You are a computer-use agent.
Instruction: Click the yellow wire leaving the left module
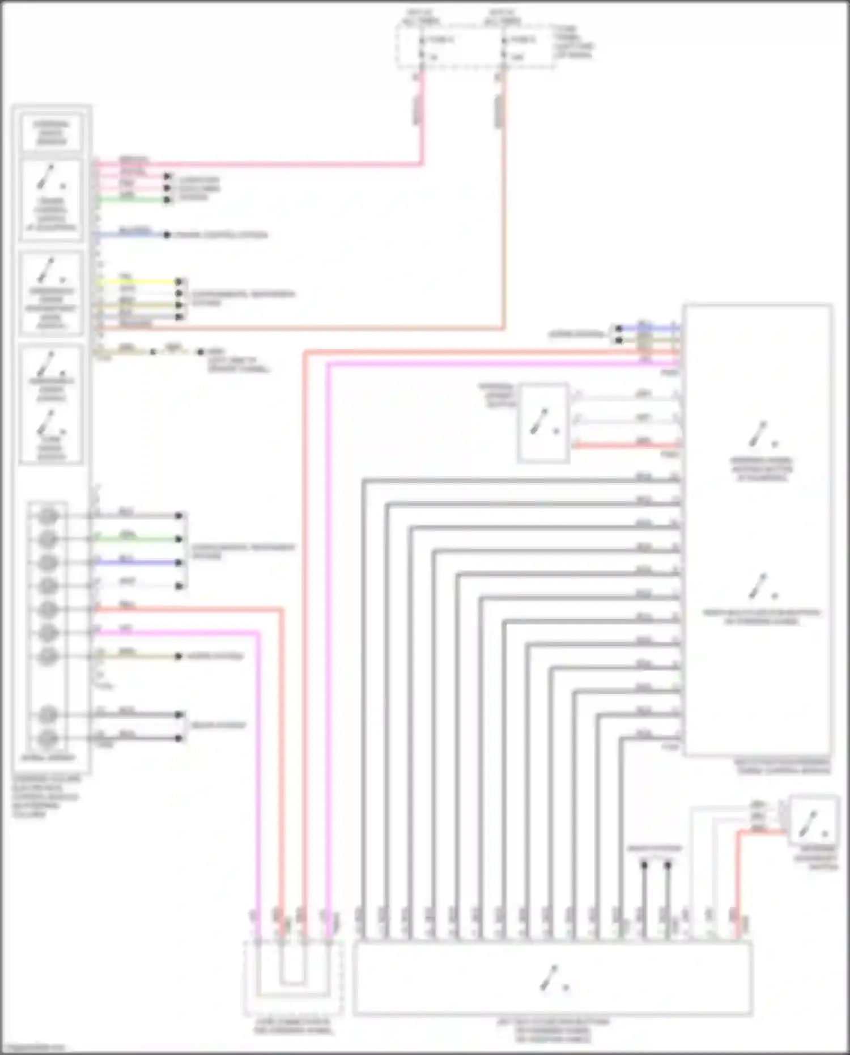pyautogui.click(x=136, y=281)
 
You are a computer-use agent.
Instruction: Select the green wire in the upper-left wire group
pyautogui.click(x=130, y=200)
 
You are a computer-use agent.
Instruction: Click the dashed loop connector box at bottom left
pyautogui.click(x=293, y=978)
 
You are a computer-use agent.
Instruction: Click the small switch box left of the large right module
pyautogui.click(x=543, y=422)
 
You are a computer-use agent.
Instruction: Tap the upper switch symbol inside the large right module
pyautogui.click(x=761, y=435)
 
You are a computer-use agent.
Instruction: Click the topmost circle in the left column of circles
pyautogui.click(x=49, y=516)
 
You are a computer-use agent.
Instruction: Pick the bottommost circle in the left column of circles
pyautogui.click(x=49, y=738)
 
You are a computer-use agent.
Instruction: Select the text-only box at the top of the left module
pyautogui.click(x=51, y=133)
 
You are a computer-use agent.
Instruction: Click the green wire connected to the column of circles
pyautogui.click(x=136, y=539)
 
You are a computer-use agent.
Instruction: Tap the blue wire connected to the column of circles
pyautogui.click(x=136, y=562)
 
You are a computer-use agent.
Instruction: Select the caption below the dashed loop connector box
pyautogui.click(x=293, y=1026)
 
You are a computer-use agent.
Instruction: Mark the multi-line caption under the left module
pyautogui.click(x=45, y=796)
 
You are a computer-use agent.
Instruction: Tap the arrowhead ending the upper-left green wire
pyautogui.click(x=168, y=200)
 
